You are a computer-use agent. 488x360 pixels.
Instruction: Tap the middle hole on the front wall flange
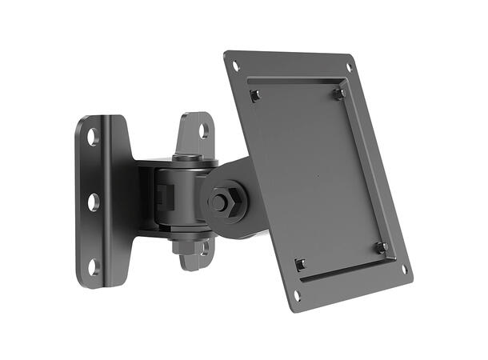[x=93, y=202]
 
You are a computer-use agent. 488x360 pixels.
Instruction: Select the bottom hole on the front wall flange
[x=94, y=266]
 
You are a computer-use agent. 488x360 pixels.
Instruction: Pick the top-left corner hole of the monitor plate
[x=235, y=66]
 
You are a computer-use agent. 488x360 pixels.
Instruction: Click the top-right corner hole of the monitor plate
[x=348, y=67]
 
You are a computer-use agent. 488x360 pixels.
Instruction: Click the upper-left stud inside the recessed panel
[x=254, y=96]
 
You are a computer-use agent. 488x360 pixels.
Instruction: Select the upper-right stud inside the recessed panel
[x=339, y=94]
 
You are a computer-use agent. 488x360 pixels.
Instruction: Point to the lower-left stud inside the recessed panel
[x=300, y=265]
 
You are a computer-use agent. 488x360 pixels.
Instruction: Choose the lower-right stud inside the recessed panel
[x=382, y=247]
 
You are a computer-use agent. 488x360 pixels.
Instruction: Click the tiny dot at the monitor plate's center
[x=318, y=175]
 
